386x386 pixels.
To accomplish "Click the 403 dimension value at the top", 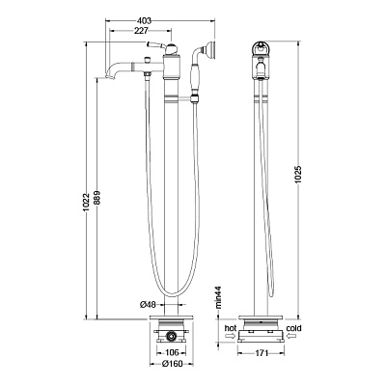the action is click(144, 21).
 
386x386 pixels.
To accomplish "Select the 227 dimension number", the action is click(142, 31).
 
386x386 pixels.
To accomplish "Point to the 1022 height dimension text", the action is click(86, 204).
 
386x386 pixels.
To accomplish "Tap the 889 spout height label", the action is click(97, 198).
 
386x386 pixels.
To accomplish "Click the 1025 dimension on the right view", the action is click(297, 175).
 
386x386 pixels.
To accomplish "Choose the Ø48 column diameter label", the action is click(148, 305).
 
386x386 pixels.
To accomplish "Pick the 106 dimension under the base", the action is click(171, 353).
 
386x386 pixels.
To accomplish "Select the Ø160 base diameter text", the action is click(172, 364).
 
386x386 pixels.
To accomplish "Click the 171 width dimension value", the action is click(262, 353).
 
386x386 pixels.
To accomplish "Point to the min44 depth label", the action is click(219, 298).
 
